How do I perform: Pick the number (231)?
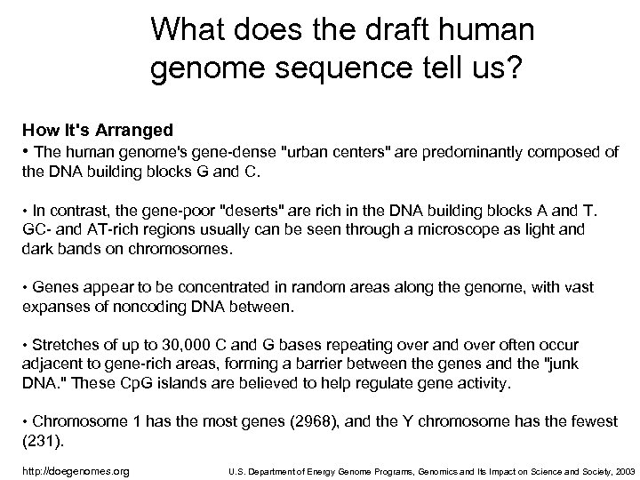(37, 441)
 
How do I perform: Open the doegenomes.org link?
(76, 470)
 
